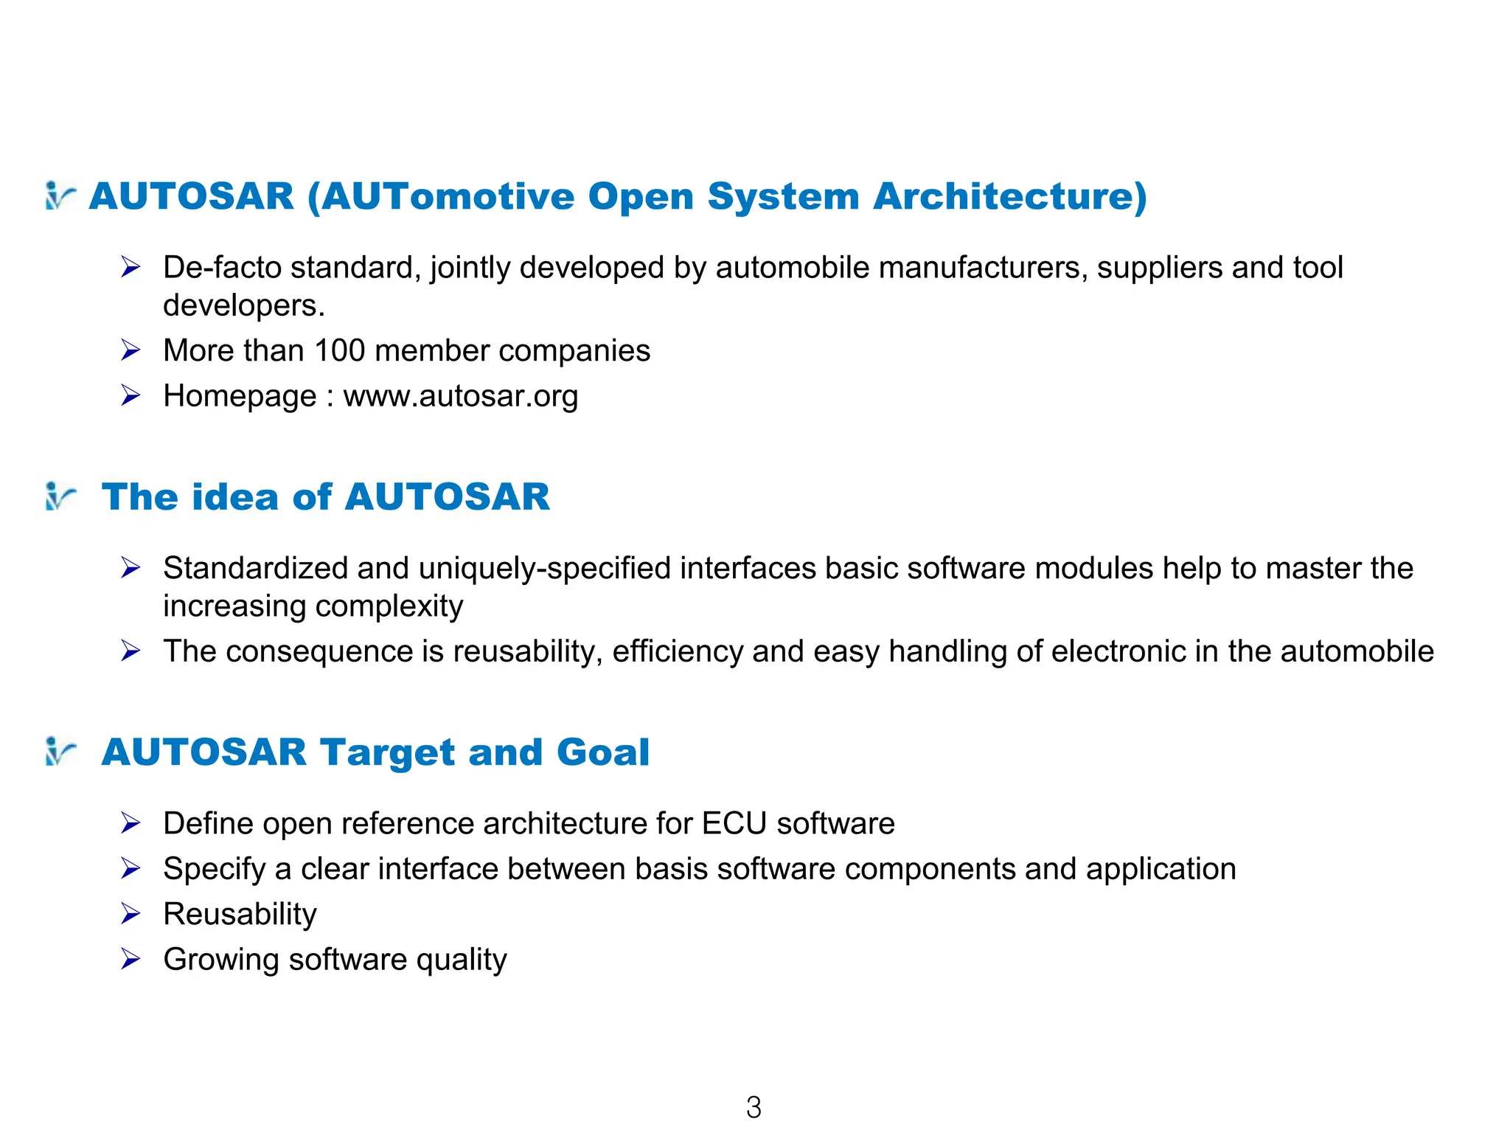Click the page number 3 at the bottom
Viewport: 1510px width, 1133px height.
pos(754,1107)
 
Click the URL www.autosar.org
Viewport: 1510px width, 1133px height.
pos(461,396)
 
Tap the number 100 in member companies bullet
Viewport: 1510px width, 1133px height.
pos(339,350)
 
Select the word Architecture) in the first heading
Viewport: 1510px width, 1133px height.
pos(1010,196)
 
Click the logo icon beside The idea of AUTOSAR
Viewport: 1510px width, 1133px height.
pos(60,496)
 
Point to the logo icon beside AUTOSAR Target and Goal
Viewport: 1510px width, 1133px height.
pos(60,752)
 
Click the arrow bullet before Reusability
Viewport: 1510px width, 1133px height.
pos(131,915)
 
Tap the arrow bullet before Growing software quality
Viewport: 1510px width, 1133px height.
pos(131,960)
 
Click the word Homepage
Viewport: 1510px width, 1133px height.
pos(240,397)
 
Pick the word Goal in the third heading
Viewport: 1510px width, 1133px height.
pos(603,752)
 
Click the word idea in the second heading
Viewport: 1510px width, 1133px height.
pos(237,496)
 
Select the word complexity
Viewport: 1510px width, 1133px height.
pos(389,606)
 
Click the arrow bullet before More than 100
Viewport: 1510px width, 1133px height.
pos(131,350)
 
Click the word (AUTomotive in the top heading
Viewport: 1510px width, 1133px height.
pos(440,196)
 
